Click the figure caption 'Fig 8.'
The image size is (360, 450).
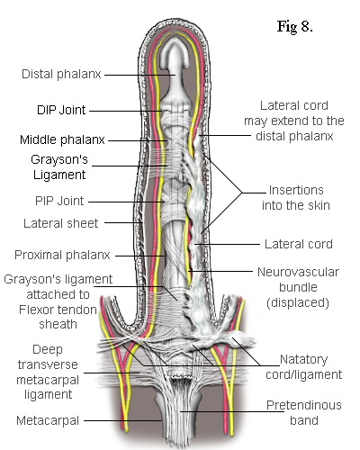coord(295,26)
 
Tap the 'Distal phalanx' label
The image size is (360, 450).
coord(61,74)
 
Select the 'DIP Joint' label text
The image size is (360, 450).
coord(61,110)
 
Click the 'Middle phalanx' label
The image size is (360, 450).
coord(62,139)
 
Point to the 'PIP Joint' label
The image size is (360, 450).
coord(59,201)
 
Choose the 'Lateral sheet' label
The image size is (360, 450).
coord(61,223)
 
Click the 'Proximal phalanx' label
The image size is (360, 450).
coord(62,255)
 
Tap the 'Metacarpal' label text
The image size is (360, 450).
coord(48,420)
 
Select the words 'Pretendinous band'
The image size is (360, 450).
coord(304,413)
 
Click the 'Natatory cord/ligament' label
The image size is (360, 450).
coord(303,367)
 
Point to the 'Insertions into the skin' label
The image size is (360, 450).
coord(296,198)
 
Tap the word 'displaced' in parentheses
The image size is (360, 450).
coord(298,302)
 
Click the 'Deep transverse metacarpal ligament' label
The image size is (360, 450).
coord(48,372)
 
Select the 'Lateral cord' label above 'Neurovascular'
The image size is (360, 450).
coord(299,244)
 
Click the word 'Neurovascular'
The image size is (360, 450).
coord(298,272)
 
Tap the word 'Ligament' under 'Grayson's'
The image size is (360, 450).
coord(59,175)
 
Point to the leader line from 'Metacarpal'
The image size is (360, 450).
coord(123,420)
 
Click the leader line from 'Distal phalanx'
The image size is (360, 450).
coord(139,75)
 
